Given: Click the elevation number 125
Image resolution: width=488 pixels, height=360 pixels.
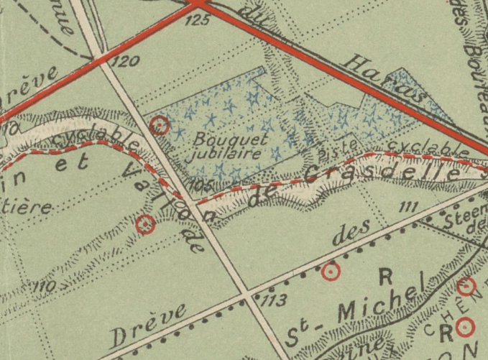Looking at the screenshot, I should coord(202,19).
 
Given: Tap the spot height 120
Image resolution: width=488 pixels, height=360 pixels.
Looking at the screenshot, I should coord(126,63).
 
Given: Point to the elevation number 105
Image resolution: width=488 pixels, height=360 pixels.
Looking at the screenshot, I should coord(203,185).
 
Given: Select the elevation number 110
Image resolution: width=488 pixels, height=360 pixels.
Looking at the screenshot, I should coord(43,288).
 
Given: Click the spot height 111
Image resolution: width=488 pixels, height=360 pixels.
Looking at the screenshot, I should coord(408,208).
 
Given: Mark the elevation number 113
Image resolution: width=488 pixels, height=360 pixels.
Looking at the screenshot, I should coord(276,299).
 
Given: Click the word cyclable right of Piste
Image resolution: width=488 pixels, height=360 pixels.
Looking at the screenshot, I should coord(423,147).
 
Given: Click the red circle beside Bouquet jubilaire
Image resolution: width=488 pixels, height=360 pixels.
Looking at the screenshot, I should coord(161,126).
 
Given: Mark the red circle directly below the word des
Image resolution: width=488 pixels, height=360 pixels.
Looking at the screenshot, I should coord(330,271).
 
